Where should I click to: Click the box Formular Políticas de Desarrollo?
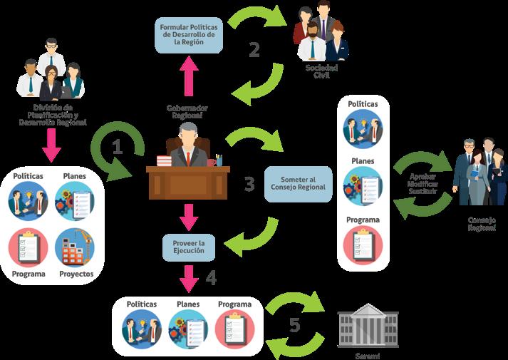(189, 33)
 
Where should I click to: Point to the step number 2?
(254, 50)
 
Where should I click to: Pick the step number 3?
(249, 184)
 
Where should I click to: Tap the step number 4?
(211, 278)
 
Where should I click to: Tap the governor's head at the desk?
(187, 133)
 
